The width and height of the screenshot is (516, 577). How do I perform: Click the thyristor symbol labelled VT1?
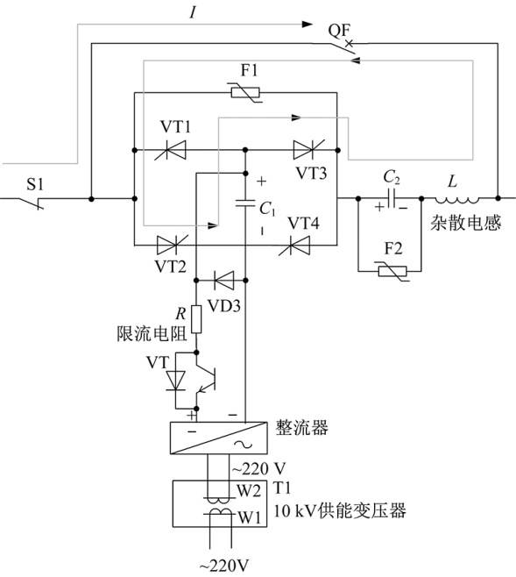click(x=171, y=150)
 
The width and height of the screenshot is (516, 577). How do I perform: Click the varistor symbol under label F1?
click(x=245, y=92)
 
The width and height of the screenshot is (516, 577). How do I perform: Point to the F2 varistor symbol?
click(x=392, y=272)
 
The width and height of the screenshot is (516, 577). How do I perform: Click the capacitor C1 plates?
click(x=245, y=203)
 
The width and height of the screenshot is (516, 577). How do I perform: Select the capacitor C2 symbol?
click(x=392, y=198)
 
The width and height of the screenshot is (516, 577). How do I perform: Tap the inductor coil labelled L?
click(x=457, y=200)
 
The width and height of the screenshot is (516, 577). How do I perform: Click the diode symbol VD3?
click(x=223, y=281)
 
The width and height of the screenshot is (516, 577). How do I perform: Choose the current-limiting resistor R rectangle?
click(x=196, y=319)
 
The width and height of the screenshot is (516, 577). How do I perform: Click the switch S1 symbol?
click(x=31, y=203)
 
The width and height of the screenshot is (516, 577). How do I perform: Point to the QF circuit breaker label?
click(x=339, y=31)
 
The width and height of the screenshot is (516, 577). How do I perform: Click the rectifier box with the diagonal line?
click(x=219, y=438)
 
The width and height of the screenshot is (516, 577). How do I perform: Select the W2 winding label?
click(x=248, y=491)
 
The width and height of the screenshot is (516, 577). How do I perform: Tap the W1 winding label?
click(x=249, y=518)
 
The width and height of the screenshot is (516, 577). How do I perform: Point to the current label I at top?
click(x=193, y=13)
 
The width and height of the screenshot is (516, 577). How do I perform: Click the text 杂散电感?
click(x=466, y=223)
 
